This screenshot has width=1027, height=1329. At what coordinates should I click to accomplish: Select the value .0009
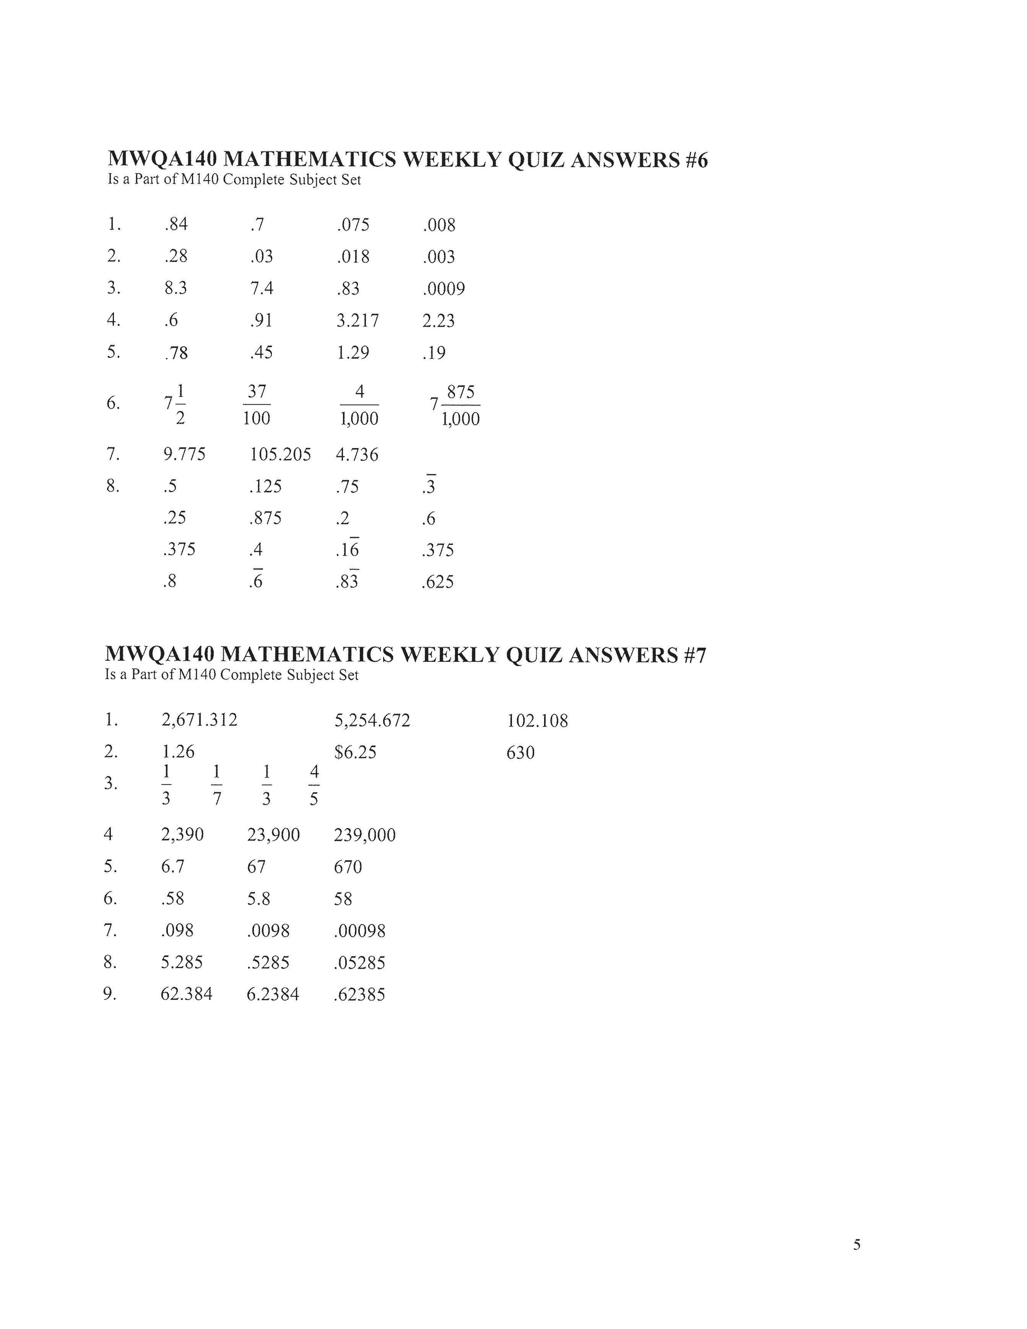pyautogui.click(x=443, y=288)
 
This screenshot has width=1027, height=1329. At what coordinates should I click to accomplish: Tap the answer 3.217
pyautogui.click(x=357, y=321)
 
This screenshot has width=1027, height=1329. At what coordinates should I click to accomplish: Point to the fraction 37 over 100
pyautogui.click(x=256, y=404)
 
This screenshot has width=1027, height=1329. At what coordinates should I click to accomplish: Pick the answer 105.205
pyautogui.click(x=280, y=454)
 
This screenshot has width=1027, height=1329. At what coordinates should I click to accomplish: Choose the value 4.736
pyautogui.click(x=357, y=454)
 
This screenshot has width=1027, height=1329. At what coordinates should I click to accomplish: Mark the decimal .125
pyautogui.click(x=265, y=486)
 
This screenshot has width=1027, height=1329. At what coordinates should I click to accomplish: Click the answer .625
pyautogui.click(x=438, y=582)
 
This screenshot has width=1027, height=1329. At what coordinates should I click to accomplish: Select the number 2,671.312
pyautogui.click(x=199, y=720)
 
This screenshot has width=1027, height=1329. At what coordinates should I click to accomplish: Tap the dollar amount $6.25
pyautogui.click(x=355, y=753)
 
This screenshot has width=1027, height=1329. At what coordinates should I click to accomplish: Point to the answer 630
pyautogui.click(x=520, y=753)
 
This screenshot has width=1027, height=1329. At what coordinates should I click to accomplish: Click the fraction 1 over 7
pyautogui.click(x=216, y=785)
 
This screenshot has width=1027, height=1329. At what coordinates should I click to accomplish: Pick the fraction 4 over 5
pyautogui.click(x=314, y=785)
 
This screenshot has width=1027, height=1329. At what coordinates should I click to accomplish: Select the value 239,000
pyautogui.click(x=365, y=835)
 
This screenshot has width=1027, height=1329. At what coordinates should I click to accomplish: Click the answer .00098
pyautogui.click(x=359, y=931)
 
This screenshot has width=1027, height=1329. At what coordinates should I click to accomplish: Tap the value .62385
pyautogui.click(x=359, y=994)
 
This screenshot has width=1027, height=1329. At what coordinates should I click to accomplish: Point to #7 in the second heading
pyautogui.click(x=693, y=656)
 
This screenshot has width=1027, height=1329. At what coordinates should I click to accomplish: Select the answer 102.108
pyautogui.click(x=537, y=721)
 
